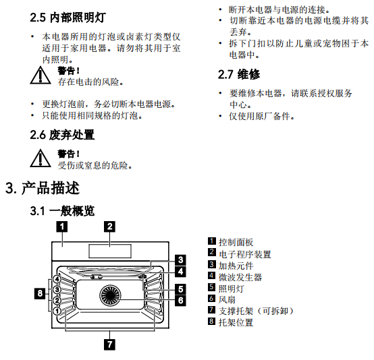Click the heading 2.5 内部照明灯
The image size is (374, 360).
[x=68, y=18]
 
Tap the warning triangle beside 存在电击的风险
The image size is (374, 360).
[x=41, y=76]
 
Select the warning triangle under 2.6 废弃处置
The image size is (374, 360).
[x=41, y=158]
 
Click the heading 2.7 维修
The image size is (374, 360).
[x=239, y=74]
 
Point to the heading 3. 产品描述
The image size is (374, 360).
[x=43, y=188]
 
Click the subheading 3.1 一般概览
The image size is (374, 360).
[x=62, y=210]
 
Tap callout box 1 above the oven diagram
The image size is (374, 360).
[x=62, y=227]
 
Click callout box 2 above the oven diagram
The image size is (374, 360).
[x=110, y=227]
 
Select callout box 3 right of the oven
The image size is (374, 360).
[x=180, y=260]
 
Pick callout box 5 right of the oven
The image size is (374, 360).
[x=180, y=289]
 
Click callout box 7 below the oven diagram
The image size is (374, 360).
[x=110, y=344]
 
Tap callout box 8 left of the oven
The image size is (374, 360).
[x=40, y=293]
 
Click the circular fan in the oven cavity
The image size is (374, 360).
[x=110, y=295]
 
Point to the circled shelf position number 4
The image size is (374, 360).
[x=57, y=279]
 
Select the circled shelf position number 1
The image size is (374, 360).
[x=57, y=311]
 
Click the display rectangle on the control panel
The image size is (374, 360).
[x=110, y=251]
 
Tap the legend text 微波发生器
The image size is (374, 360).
[x=240, y=277]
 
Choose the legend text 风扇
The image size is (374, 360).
[x=227, y=300]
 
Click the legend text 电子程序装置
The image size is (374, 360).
[x=245, y=254]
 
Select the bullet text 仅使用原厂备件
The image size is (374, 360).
[x=262, y=116]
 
